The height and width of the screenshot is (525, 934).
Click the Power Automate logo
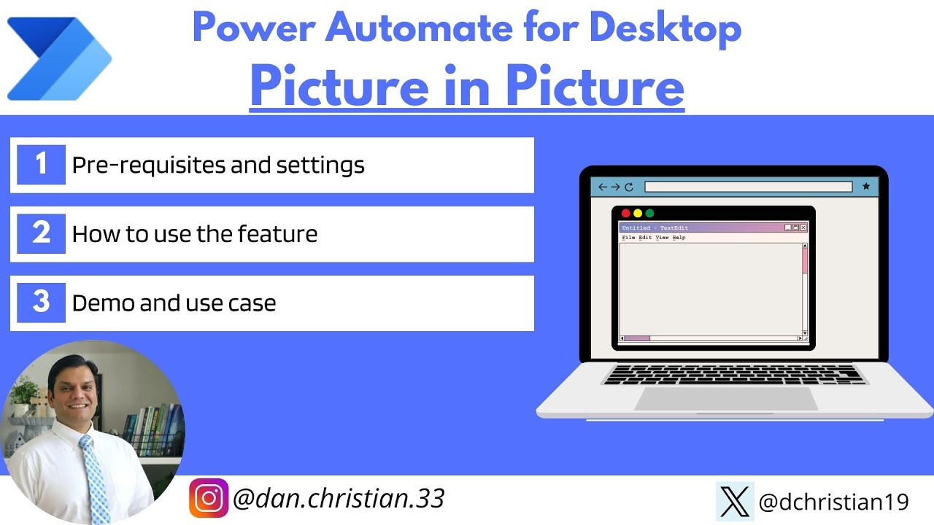coord(58,58)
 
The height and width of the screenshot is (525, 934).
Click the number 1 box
coord(41,165)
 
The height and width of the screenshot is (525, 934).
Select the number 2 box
coord(41,233)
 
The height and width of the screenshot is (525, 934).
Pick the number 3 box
coord(41,302)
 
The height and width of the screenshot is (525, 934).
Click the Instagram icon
coord(209,499)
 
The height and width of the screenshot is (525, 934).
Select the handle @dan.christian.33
coord(339,499)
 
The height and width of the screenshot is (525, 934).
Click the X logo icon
coord(734,502)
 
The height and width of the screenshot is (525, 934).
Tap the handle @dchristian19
coord(834,502)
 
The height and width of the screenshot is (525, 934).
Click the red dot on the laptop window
coord(625,214)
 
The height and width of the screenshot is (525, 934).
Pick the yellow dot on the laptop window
coord(638,214)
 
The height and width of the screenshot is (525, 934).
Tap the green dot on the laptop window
coord(649,214)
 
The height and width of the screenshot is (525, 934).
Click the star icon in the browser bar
coord(866,187)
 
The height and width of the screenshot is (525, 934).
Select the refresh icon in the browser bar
coord(629,187)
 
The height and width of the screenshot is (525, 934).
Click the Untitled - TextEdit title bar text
coord(655,228)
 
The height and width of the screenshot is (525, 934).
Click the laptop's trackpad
coord(725,399)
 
